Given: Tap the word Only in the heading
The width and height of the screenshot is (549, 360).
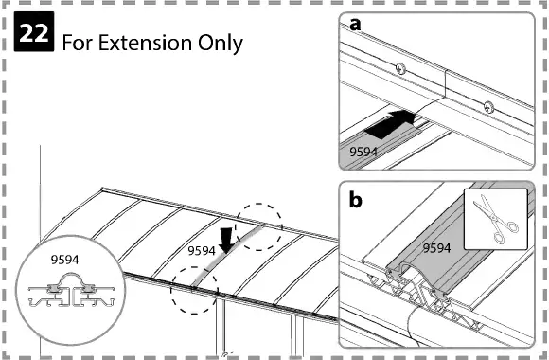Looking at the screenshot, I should [220, 43].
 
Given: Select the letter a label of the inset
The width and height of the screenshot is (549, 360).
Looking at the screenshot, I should [355, 26].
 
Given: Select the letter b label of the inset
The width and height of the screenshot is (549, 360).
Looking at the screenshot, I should [356, 200].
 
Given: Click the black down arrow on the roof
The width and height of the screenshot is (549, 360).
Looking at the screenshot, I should [224, 237].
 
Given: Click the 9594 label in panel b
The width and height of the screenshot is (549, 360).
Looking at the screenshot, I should [436, 249].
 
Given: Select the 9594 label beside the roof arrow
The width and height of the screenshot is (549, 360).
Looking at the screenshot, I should [201, 251].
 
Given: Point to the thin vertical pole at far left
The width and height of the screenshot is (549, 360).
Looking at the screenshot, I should [41, 189].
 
